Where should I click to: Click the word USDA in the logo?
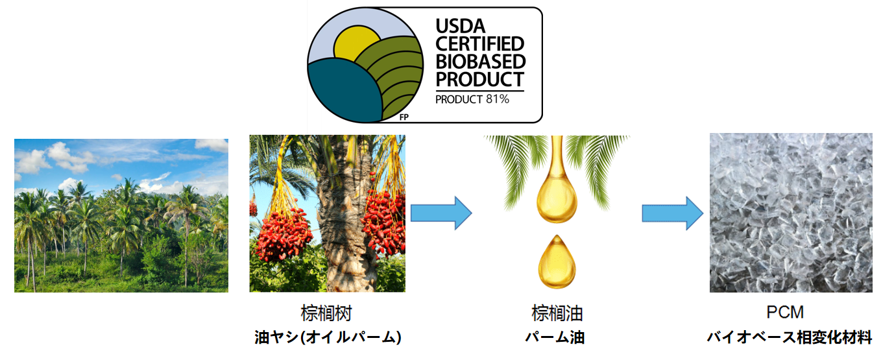pos(460,27)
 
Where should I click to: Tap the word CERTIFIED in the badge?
pos(479,44)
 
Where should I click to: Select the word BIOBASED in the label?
pos(481,62)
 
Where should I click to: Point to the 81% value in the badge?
pos(498,99)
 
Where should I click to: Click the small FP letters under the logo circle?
pos(404,117)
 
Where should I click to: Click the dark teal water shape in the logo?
pos(344,91)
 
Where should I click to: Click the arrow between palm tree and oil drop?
pos(441,213)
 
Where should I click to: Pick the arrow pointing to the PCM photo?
pos(673,213)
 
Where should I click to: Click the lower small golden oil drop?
pos(557,262)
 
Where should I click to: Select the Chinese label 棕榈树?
pos(326,313)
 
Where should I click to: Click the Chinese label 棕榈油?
pos(557,313)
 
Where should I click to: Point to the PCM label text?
pos(785,312)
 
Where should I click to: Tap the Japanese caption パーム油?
pos(555,337)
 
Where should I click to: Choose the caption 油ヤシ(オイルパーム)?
pos(328,337)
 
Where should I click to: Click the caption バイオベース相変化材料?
pos(790,337)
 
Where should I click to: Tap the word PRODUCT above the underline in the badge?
pos(479,79)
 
